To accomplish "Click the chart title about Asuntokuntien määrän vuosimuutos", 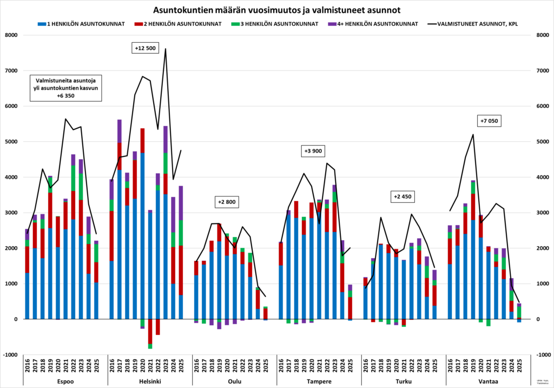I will click(x=277, y=10).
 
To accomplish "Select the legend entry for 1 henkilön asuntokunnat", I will click(x=81, y=24).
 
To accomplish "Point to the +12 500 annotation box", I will click(x=144, y=48).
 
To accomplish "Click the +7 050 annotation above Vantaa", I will click(x=490, y=120).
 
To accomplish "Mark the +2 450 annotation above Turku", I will click(x=403, y=196).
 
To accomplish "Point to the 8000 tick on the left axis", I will click(x=11, y=35).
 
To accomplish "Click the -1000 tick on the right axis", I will click(x=543, y=354).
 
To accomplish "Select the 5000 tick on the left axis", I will click(x=11, y=142).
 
